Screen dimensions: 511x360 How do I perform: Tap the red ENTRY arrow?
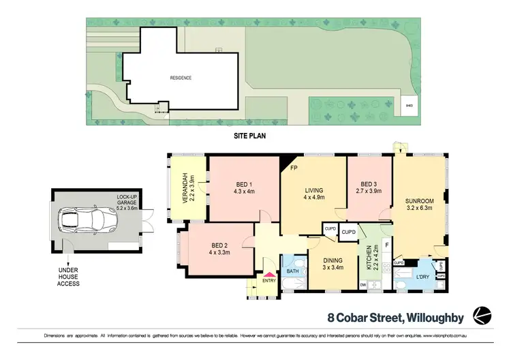click(269, 273)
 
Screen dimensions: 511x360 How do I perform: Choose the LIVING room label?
click(314, 190)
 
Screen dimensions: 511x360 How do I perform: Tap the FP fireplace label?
click(294, 167)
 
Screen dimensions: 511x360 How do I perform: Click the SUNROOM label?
click(420, 201)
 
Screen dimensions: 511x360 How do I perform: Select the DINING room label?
click(333, 260)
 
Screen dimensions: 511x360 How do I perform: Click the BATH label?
click(292, 271)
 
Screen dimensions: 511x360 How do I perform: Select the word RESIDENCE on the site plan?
click(181, 78)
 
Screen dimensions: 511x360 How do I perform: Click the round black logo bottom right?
click(483, 314)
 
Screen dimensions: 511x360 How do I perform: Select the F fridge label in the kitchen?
click(386, 244)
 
